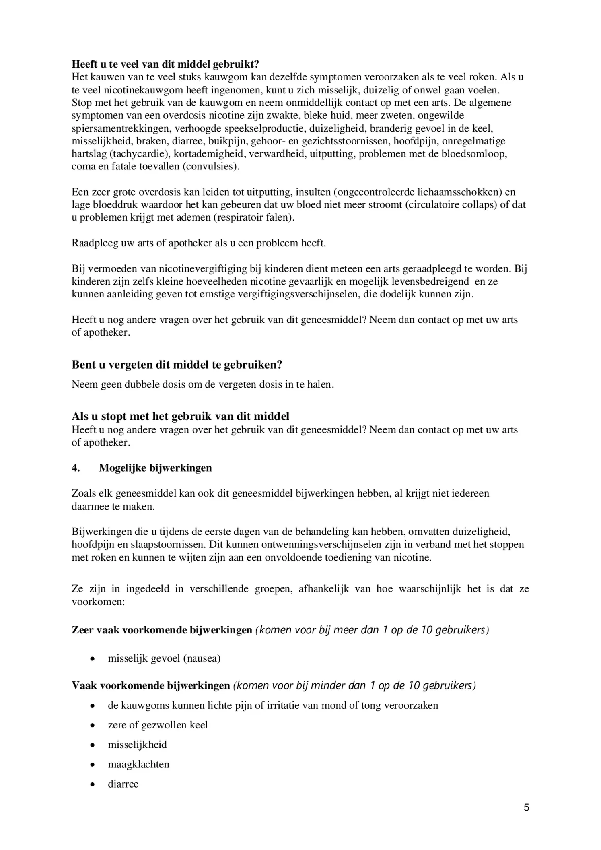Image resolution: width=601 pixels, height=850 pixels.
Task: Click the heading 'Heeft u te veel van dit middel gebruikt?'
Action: click(x=165, y=64)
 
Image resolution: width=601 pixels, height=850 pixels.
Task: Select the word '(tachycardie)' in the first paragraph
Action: click(x=137, y=154)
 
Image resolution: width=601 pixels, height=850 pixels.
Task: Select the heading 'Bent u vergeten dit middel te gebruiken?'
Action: click(x=177, y=365)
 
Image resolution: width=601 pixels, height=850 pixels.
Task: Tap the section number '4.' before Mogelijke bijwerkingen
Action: click(x=76, y=468)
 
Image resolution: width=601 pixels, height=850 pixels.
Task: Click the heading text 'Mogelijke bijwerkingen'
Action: click(x=155, y=468)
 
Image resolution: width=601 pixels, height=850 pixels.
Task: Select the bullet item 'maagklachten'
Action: click(x=138, y=764)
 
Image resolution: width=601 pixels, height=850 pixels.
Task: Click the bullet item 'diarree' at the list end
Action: click(x=123, y=784)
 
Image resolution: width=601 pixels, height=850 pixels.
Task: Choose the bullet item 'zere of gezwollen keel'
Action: click(x=158, y=725)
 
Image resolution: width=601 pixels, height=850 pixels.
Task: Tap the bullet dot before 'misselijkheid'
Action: click(x=93, y=745)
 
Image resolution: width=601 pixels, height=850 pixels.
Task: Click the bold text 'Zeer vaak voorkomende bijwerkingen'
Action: click(x=162, y=630)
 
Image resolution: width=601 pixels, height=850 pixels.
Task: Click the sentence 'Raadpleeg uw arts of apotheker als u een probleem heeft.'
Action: click(x=199, y=243)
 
